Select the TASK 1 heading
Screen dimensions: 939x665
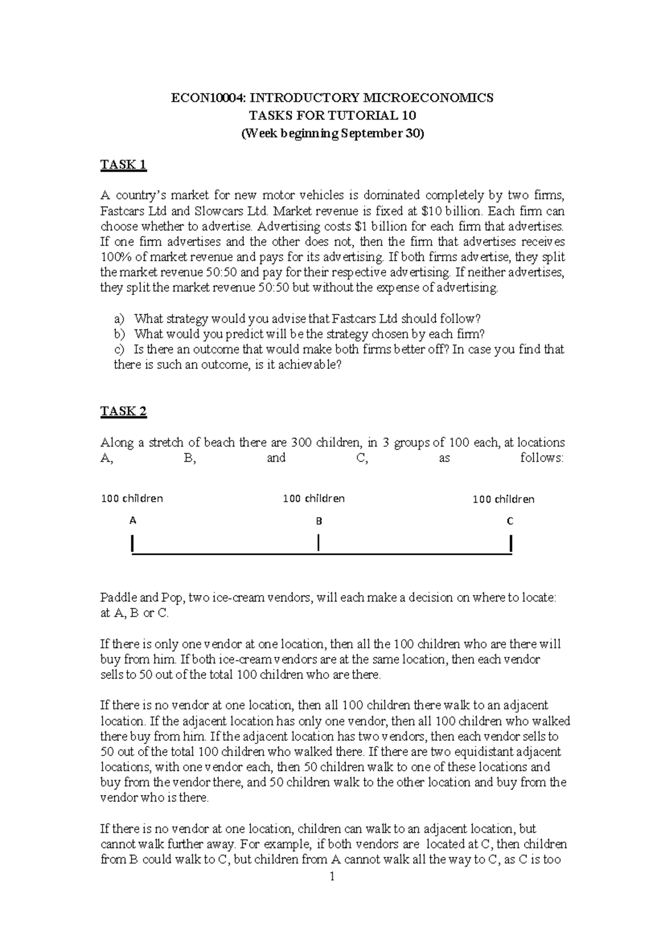(x=123, y=164)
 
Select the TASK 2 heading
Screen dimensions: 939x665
(x=123, y=411)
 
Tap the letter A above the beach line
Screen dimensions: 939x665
(x=132, y=520)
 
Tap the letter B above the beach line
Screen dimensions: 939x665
(x=319, y=521)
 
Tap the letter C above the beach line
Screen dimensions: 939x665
(x=510, y=521)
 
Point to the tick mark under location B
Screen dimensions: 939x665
(x=319, y=543)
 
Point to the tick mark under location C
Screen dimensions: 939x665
(x=510, y=544)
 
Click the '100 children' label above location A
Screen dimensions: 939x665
(x=132, y=498)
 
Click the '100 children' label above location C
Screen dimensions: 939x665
(x=503, y=499)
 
